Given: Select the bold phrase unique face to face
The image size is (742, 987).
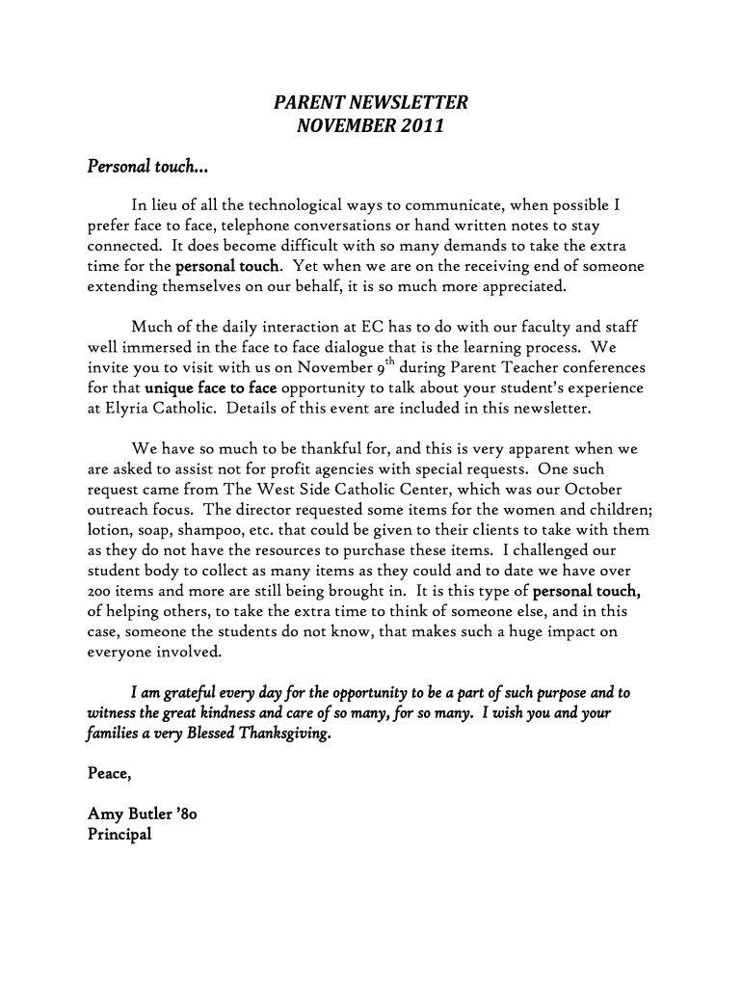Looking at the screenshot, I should point(211,387).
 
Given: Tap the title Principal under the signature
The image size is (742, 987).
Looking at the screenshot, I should point(119,835).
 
